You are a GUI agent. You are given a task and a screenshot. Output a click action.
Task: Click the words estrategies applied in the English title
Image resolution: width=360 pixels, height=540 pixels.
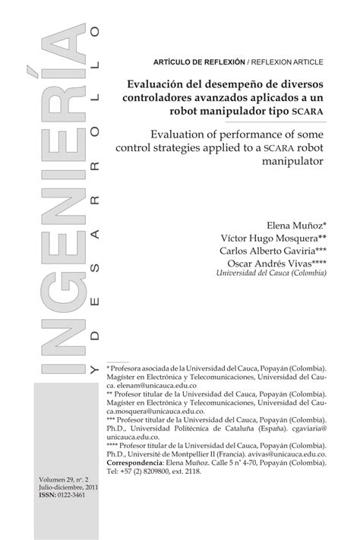click(x=194, y=147)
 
